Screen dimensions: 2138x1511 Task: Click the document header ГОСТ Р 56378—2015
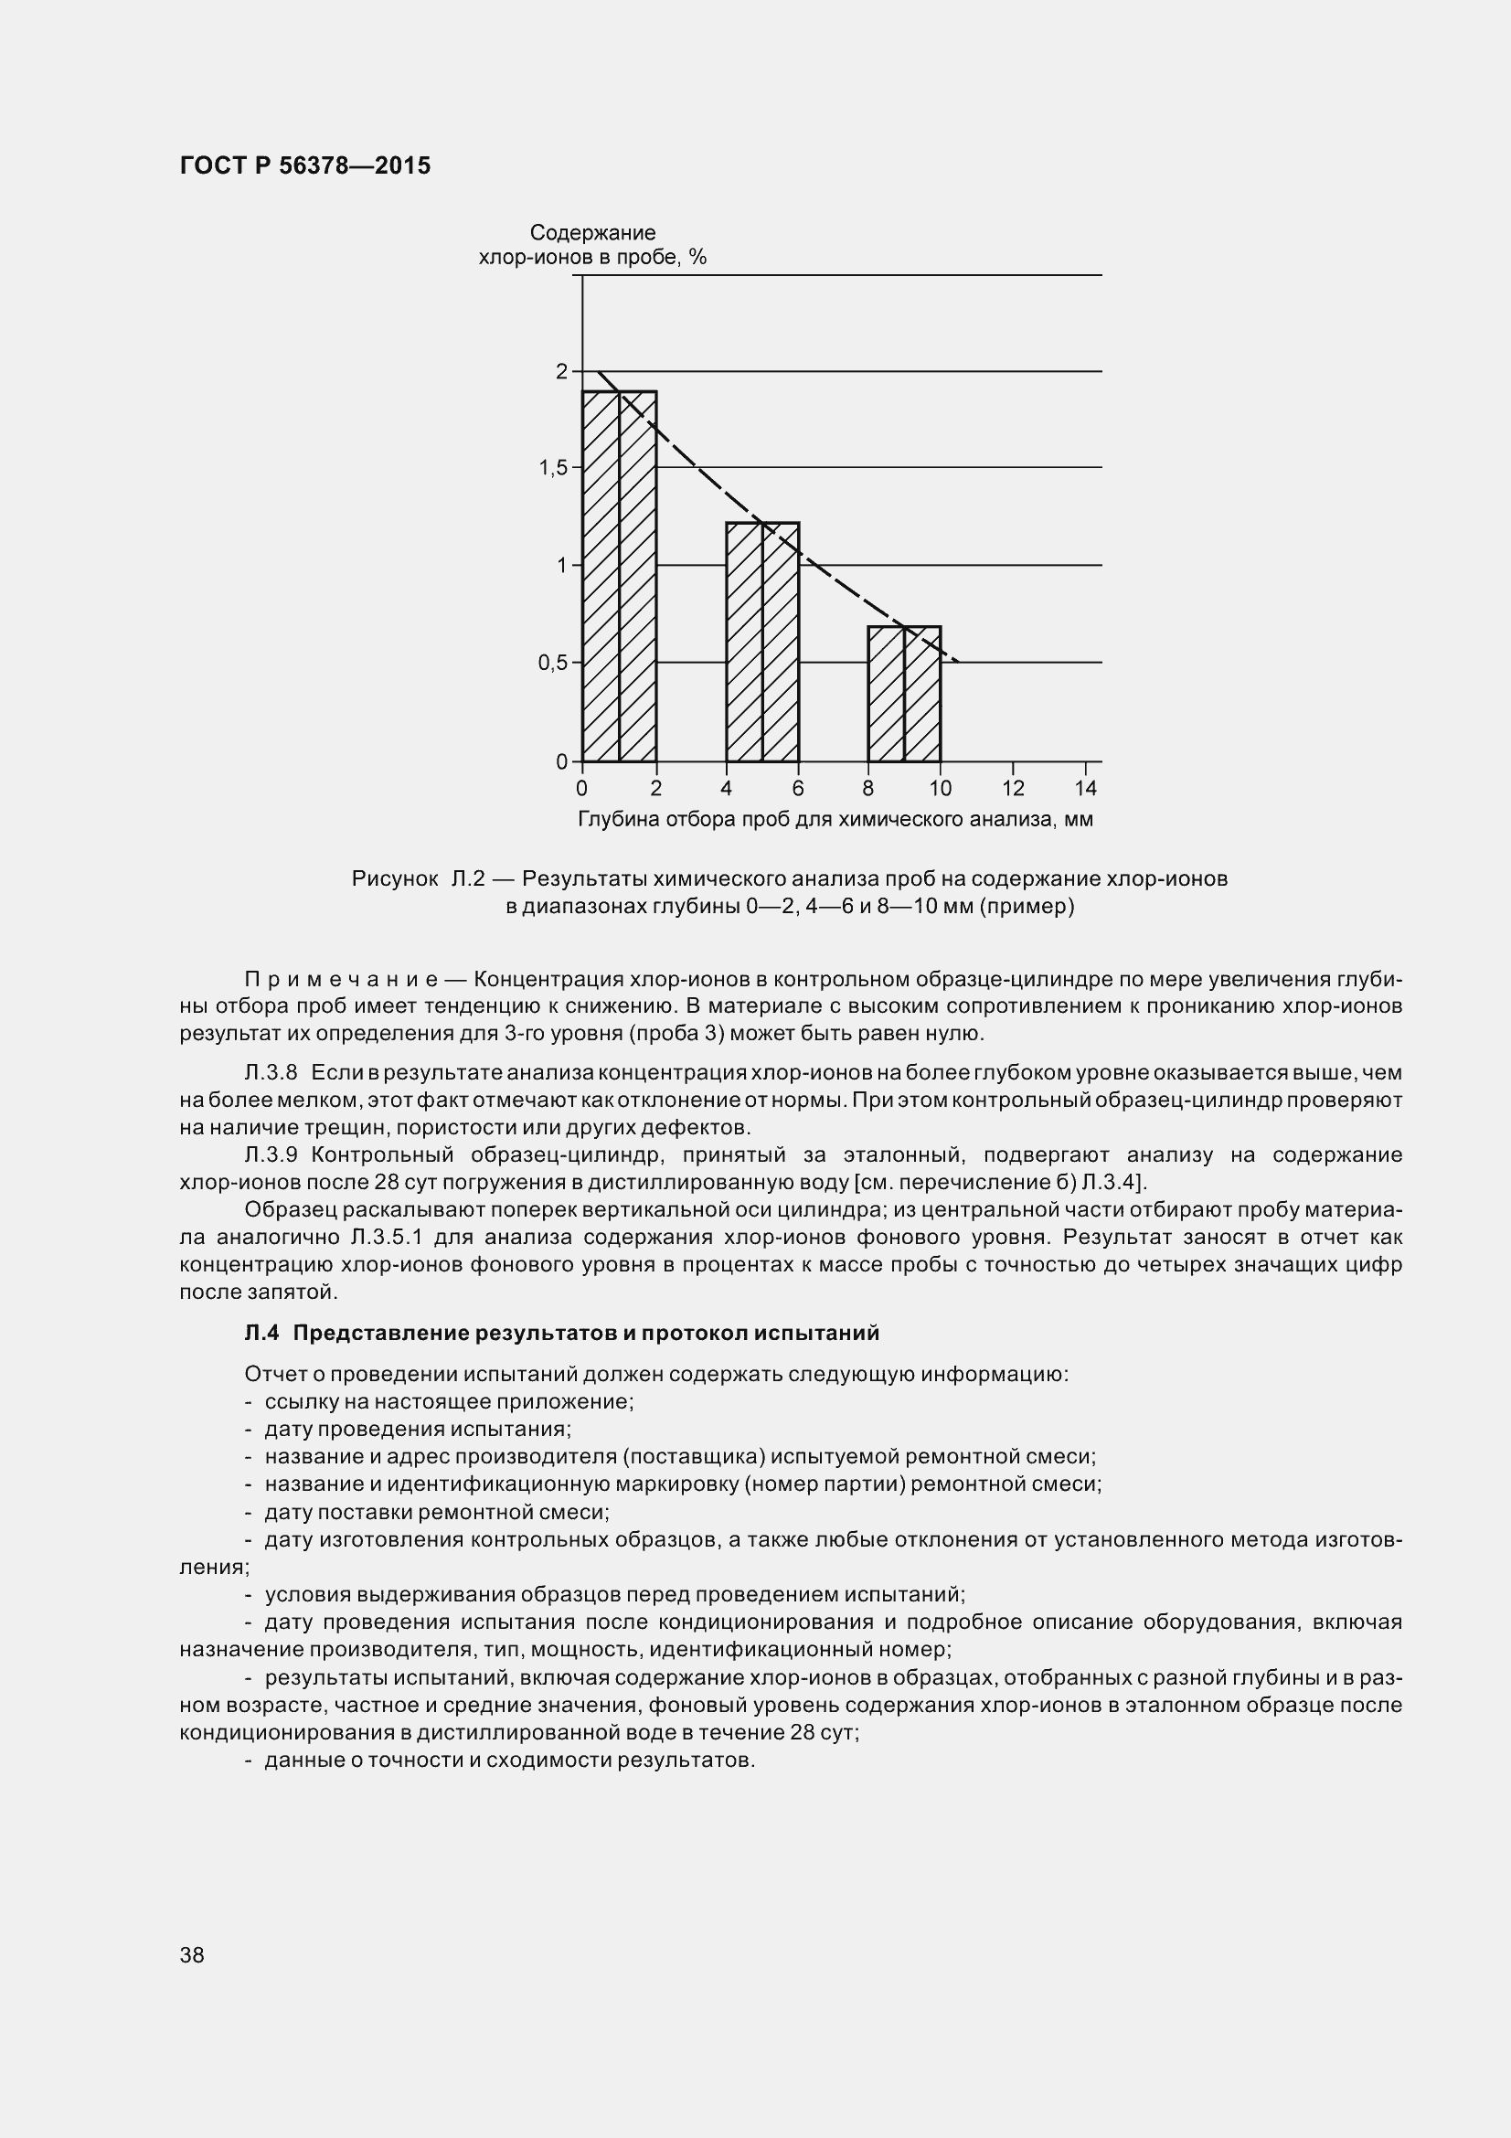point(304,165)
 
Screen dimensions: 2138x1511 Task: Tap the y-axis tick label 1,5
point(553,467)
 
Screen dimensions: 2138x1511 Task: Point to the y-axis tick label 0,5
point(553,663)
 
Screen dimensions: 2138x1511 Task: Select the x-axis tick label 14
point(1086,789)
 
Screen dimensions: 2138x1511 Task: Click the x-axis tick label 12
point(1013,789)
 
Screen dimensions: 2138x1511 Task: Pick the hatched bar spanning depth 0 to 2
point(619,578)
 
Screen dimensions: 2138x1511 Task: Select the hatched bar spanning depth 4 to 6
point(762,643)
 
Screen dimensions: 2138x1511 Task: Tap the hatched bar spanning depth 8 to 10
point(904,695)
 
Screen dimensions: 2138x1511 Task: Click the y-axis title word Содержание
point(592,233)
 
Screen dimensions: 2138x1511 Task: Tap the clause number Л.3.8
point(271,1073)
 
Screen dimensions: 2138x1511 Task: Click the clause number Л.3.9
point(271,1155)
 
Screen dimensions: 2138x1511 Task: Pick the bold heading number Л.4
point(261,1333)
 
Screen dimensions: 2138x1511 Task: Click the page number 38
point(192,1954)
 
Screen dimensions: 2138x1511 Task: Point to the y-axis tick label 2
point(561,371)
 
